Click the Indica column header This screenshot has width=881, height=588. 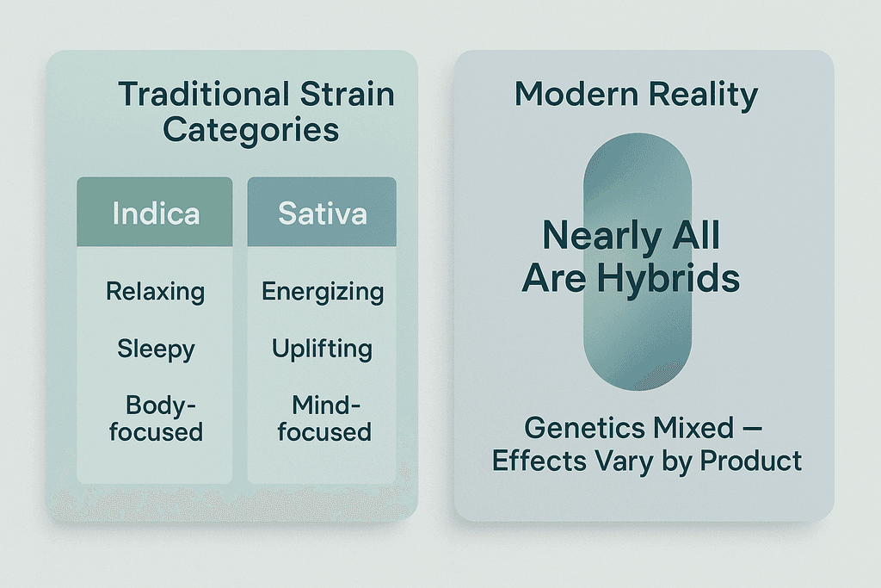(155, 212)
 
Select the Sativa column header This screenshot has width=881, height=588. (322, 212)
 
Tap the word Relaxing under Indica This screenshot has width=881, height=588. (156, 293)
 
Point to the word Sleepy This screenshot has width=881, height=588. (157, 350)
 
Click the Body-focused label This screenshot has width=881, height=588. (157, 418)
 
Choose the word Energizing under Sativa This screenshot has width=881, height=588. (323, 293)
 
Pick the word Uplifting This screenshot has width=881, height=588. (322, 349)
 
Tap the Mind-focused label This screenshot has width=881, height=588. (324, 418)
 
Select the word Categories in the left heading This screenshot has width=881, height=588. (251, 130)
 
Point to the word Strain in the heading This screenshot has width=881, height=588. (347, 94)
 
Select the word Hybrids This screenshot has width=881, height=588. (668, 278)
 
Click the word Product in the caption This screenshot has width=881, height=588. (750, 461)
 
